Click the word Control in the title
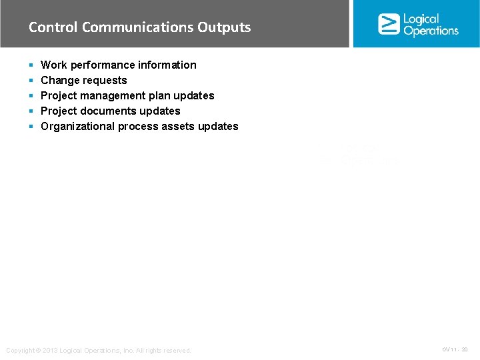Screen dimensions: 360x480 pyautogui.click(x=53, y=27)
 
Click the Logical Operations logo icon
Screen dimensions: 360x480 pyautogui.click(x=389, y=24)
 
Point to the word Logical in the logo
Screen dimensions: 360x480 pyautogui.click(x=421, y=19)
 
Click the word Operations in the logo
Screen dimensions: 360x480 pyautogui.click(x=431, y=31)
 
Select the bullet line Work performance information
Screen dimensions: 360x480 pyautogui.click(x=118, y=65)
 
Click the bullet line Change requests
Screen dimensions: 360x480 pyautogui.click(x=83, y=80)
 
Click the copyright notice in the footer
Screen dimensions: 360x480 pyautogui.click(x=98, y=351)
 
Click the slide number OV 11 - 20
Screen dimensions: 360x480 pyautogui.click(x=455, y=349)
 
